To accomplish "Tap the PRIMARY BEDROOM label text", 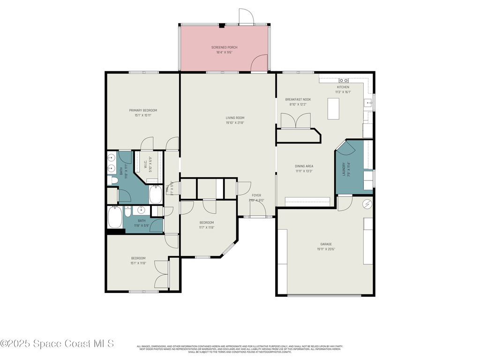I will pyautogui.click(x=143, y=110).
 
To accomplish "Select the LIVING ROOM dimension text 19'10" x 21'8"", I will pyautogui.click(x=235, y=123).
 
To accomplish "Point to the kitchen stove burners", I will pyautogui.click(x=343, y=81).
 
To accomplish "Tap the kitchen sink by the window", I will pyautogui.click(x=369, y=104).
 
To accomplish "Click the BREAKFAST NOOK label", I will pyautogui.click(x=298, y=99).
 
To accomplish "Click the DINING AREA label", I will pyautogui.click(x=304, y=166).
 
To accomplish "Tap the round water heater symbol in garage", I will pyautogui.click(x=367, y=204).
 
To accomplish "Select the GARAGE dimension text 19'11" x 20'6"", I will pyautogui.click(x=326, y=249).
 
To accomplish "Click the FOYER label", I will pyautogui.click(x=256, y=195).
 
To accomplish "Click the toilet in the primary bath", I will pyautogui.click(x=112, y=180).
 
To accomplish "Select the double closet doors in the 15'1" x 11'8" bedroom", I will pyautogui.click(x=161, y=274).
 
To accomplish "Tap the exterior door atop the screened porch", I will pyautogui.click(x=246, y=17).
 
